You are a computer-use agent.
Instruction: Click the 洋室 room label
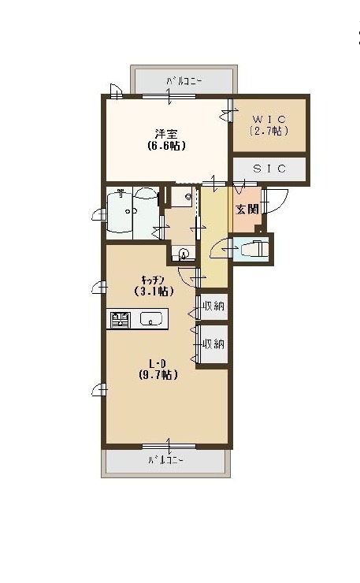click(x=166, y=134)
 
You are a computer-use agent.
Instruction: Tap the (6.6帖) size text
click(x=166, y=146)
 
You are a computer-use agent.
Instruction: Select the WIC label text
click(x=269, y=119)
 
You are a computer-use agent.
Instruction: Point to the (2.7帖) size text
click(x=269, y=131)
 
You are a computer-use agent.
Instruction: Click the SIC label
click(x=269, y=169)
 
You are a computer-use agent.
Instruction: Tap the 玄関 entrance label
click(x=247, y=209)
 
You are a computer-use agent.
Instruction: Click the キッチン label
click(x=153, y=279)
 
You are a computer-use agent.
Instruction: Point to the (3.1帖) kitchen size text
click(x=154, y=291)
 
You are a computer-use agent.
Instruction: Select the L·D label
click(x=158, y=363)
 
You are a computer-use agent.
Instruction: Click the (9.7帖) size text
click(x=158, y=375)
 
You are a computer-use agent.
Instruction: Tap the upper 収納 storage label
click(x=213, y=306)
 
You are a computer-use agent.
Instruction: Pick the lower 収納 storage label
click(x=213, y=344)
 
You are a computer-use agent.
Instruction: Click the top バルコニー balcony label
click(x=184, y=80)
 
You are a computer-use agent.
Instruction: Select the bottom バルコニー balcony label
click(x=166, y=460)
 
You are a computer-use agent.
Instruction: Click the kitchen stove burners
click(x=121, y=319)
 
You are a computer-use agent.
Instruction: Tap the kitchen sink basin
click(x=151, y=318)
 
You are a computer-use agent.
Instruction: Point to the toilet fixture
click(x=254, y=249)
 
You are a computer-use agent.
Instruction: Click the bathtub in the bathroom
click(x=119, y=211)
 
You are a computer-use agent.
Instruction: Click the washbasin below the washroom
click(x=183, y=254)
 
